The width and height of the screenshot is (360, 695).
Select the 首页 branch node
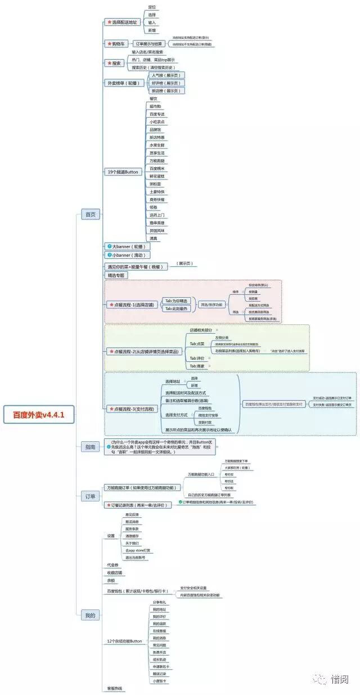pos(90,214)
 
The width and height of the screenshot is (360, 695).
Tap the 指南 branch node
pos(90,447)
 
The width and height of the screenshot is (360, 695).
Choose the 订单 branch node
pos(90,496)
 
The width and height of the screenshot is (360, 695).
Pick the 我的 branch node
pos(90,615)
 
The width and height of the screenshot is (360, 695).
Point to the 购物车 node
pos(116,43)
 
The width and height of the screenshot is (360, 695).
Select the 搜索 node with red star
pos(114,63)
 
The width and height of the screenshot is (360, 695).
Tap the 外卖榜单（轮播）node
pos(124,83)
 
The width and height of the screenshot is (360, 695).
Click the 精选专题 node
pos(116,275)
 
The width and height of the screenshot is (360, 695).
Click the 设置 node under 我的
pos(111,535)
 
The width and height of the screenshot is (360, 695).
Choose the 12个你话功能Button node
pos(124,641)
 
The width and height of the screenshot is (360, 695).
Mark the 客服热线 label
pos(115,688)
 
